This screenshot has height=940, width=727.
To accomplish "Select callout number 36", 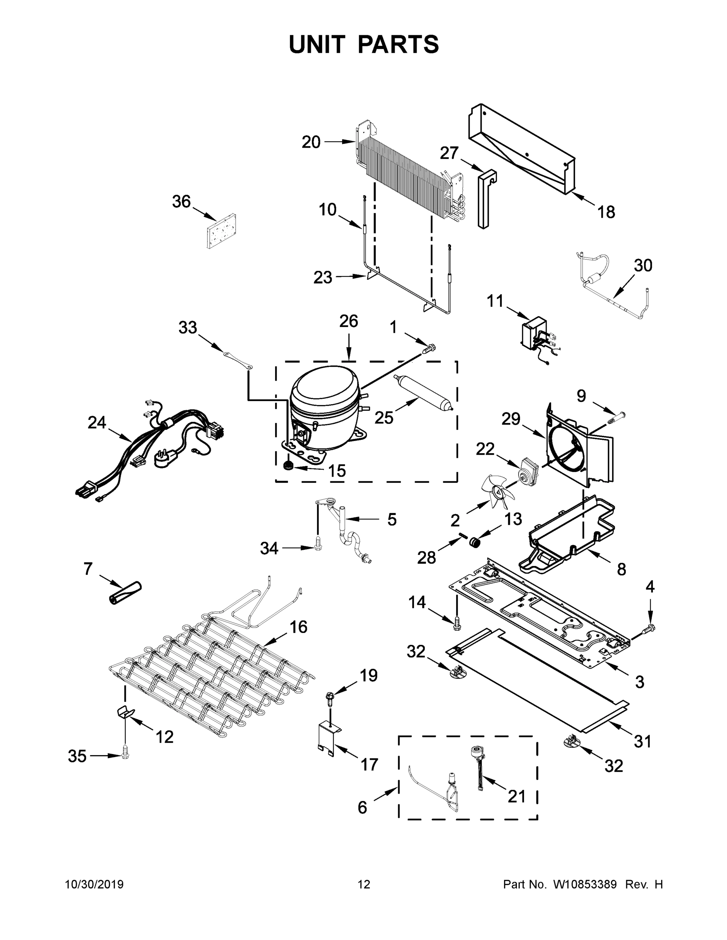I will [181, 201].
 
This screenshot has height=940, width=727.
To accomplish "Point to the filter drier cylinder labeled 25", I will [422, 392].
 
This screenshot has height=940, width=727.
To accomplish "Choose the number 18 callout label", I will [606, 212].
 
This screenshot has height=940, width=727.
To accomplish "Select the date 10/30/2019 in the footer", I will [94, 884].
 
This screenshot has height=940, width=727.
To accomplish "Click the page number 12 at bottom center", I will [364, 884].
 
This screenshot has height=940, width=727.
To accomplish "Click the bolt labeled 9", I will [614, 418].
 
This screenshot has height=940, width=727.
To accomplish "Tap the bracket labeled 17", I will [329, 738].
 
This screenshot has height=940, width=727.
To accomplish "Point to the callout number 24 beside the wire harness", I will [97, 423].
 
